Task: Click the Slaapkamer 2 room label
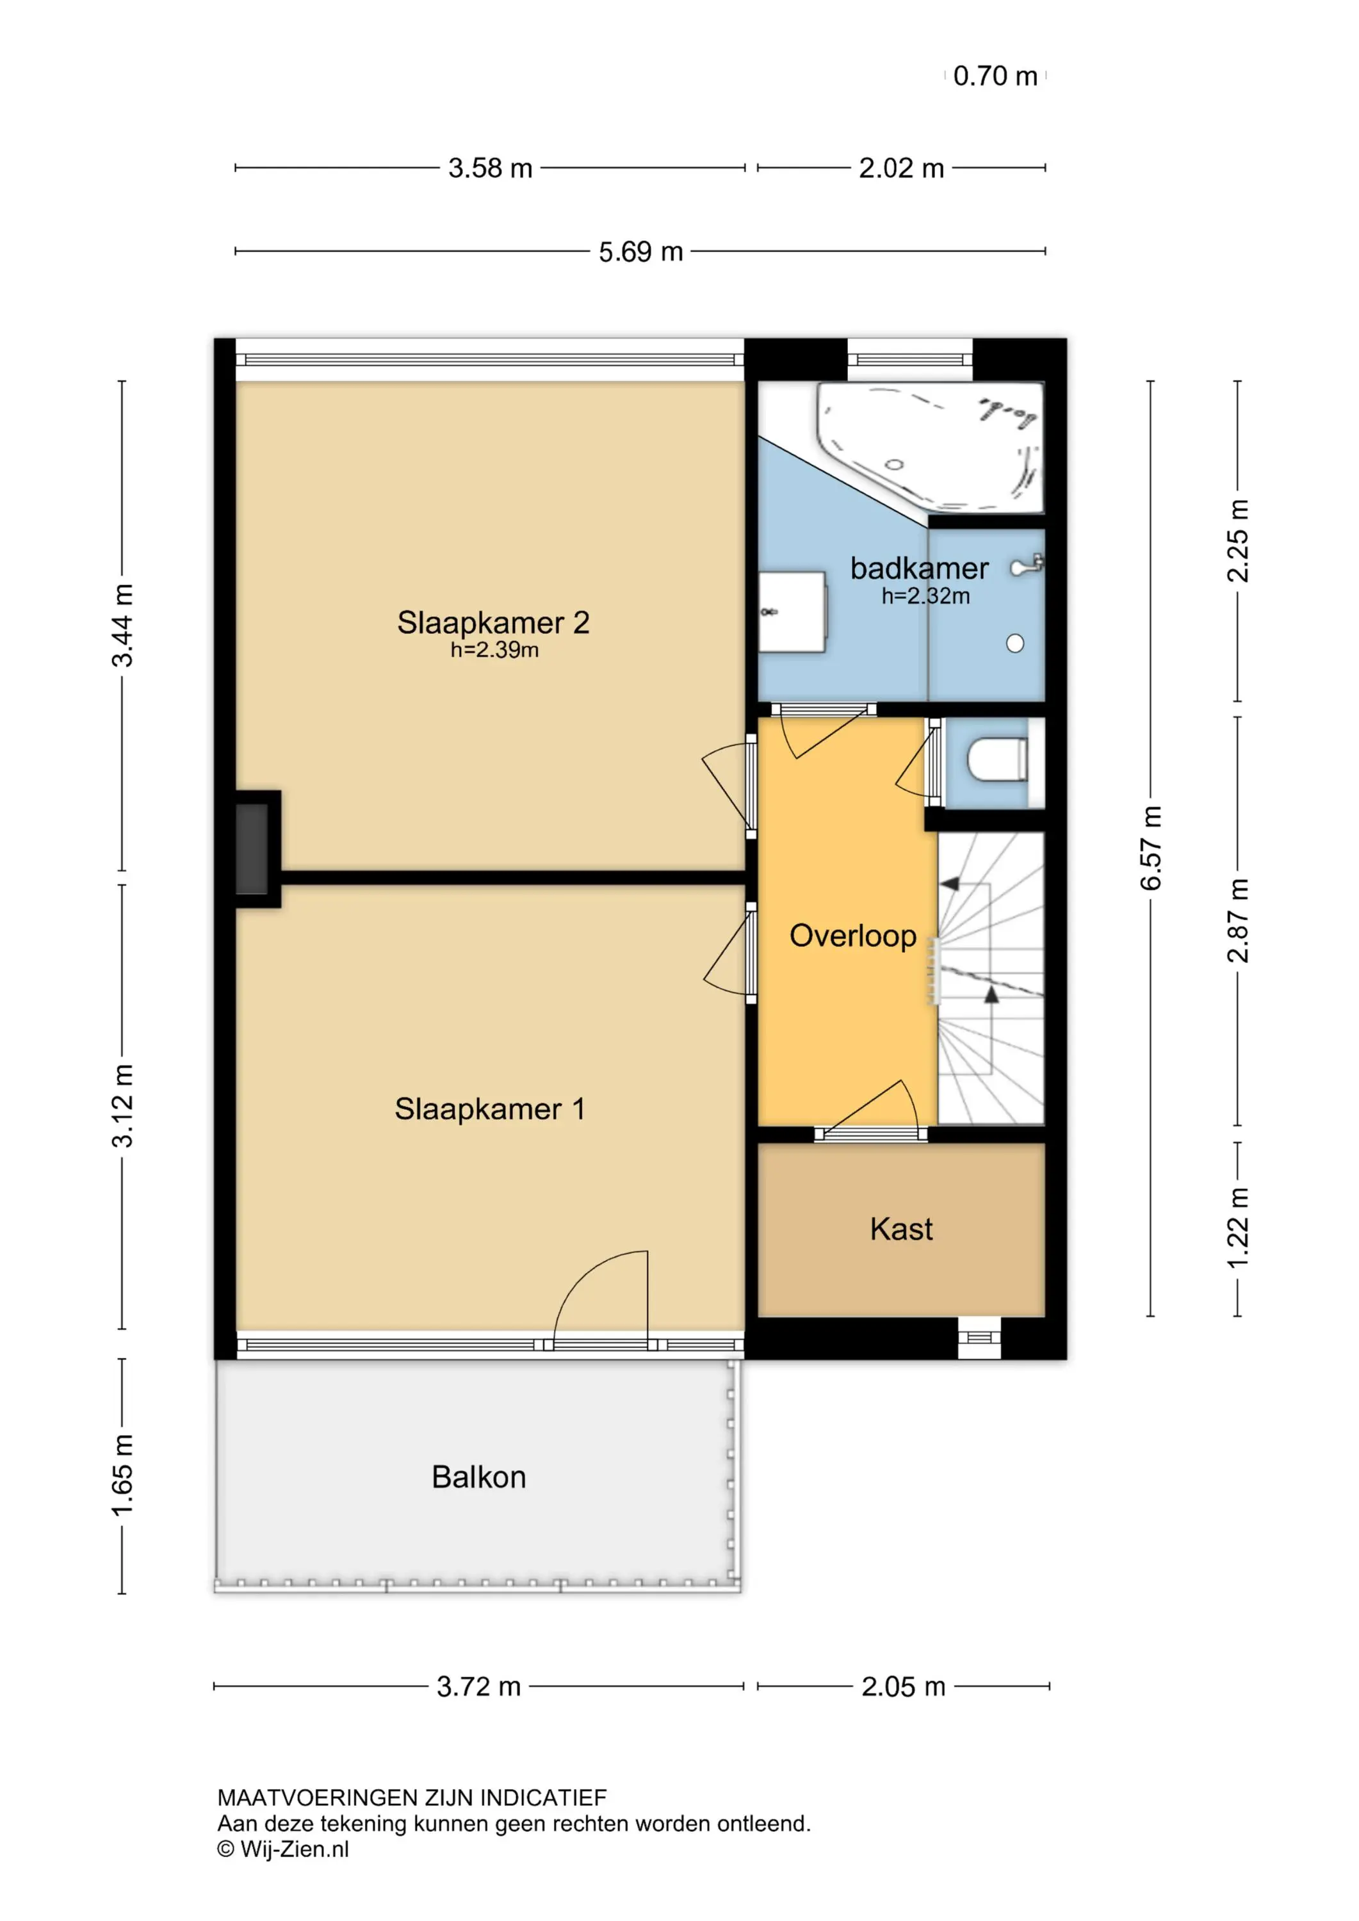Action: [x=493, y=622]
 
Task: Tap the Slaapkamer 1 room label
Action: [x=489, y=1110]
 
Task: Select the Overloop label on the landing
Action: [x=852, y=936]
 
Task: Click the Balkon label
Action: [x=478, y=1477]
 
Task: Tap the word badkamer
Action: [x=919, y=569]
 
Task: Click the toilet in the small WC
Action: [x=998, y=759]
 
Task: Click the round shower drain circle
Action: [x=1015, y=644]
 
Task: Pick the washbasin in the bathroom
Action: [x=792, y=612]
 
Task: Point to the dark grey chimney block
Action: [x=252, y=848]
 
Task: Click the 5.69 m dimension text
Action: [x=641, y=252]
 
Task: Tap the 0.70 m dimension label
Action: [x=995, y=76]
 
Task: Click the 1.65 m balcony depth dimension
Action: [x=122, y=1475]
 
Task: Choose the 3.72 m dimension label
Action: [x=478, y=1687]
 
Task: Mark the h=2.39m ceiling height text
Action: [x=494, y=650]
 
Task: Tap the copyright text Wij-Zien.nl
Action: [x=284, y=1849]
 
